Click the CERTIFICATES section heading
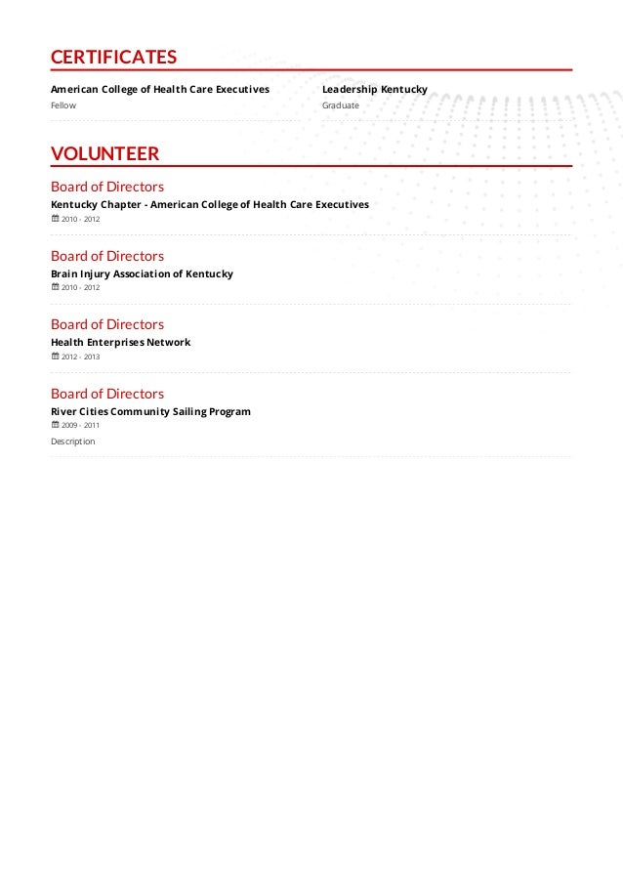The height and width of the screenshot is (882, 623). click(113, 58)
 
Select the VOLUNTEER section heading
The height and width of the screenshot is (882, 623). click(104, 153)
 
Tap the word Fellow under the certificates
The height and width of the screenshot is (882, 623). click(63, 105)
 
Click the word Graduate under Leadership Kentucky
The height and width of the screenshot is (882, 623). click(341, 105)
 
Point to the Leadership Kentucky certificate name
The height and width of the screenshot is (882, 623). click(374, 90)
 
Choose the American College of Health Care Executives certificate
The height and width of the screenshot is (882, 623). click(159, 90)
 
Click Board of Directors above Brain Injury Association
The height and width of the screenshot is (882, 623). click(107, 256)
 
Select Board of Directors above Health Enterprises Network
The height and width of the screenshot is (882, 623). click(107, 324)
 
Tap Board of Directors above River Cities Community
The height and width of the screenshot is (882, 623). click(107, 394)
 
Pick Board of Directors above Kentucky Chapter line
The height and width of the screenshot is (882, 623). click(107, 187)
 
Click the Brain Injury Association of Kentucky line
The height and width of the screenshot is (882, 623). click(142, 274)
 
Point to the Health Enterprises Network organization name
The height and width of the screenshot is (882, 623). click(120, 343)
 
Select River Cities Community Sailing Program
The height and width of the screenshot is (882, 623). click(150, 412)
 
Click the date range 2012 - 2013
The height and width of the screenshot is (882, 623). click(80, 357)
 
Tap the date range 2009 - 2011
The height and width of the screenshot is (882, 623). click(80, 426)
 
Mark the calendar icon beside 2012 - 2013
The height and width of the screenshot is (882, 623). click(55, 357)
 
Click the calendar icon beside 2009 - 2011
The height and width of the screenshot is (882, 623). click(55, 425)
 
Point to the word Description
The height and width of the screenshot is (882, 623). click(73, 441)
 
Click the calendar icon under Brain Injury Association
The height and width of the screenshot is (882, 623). click(55, 287)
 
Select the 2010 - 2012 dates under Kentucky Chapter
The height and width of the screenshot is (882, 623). click(80, 219)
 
